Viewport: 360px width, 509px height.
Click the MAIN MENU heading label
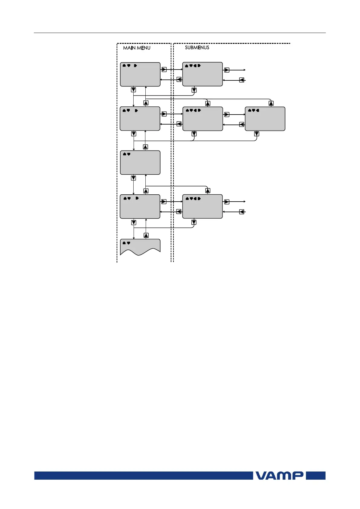[x=137, y=48]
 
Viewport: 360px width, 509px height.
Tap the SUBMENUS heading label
[x=197, y=47]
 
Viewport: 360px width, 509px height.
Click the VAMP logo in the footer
[x=280, y=475]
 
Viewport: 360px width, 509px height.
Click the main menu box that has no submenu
[x=140, y=163]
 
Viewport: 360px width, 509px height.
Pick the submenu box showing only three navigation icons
[x=265, y=119]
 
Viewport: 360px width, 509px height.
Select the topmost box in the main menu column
[x=140, y=74]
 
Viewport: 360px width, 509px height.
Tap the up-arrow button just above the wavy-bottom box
[x=146, y=235]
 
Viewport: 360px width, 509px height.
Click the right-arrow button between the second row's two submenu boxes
[x=227, y=115]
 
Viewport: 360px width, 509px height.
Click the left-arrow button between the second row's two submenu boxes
[x=242, y=124]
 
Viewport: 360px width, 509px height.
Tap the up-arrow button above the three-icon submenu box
[x=271, y=103]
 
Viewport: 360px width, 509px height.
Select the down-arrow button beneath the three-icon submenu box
[x=257, y=134]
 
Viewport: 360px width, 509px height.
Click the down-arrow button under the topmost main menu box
[x=134, y=90]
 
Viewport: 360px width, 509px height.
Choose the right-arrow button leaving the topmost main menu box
[x=164, y=70]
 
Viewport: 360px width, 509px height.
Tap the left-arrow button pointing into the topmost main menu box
[x=179, y=79]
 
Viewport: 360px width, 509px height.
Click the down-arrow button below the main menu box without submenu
[x=134, y=178]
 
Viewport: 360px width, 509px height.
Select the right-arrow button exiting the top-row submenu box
[x=227, y=70]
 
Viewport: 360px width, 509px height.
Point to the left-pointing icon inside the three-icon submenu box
[x=258, y=110]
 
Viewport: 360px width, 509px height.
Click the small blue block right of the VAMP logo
[x=316, y=475]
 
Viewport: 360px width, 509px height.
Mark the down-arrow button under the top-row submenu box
[x=194, y=90]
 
